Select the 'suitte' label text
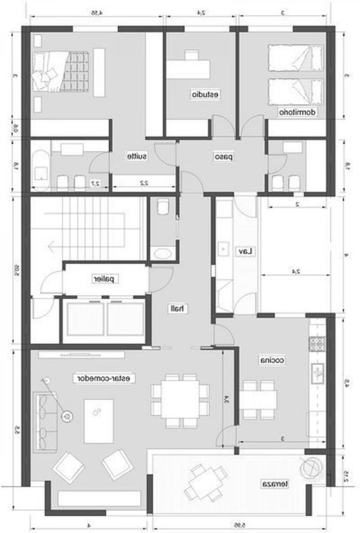click(x=137, y=157)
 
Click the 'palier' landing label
click(x=105, y=279)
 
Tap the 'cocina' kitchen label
click(x=272, y=360)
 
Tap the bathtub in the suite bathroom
click(x=41, y=164)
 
